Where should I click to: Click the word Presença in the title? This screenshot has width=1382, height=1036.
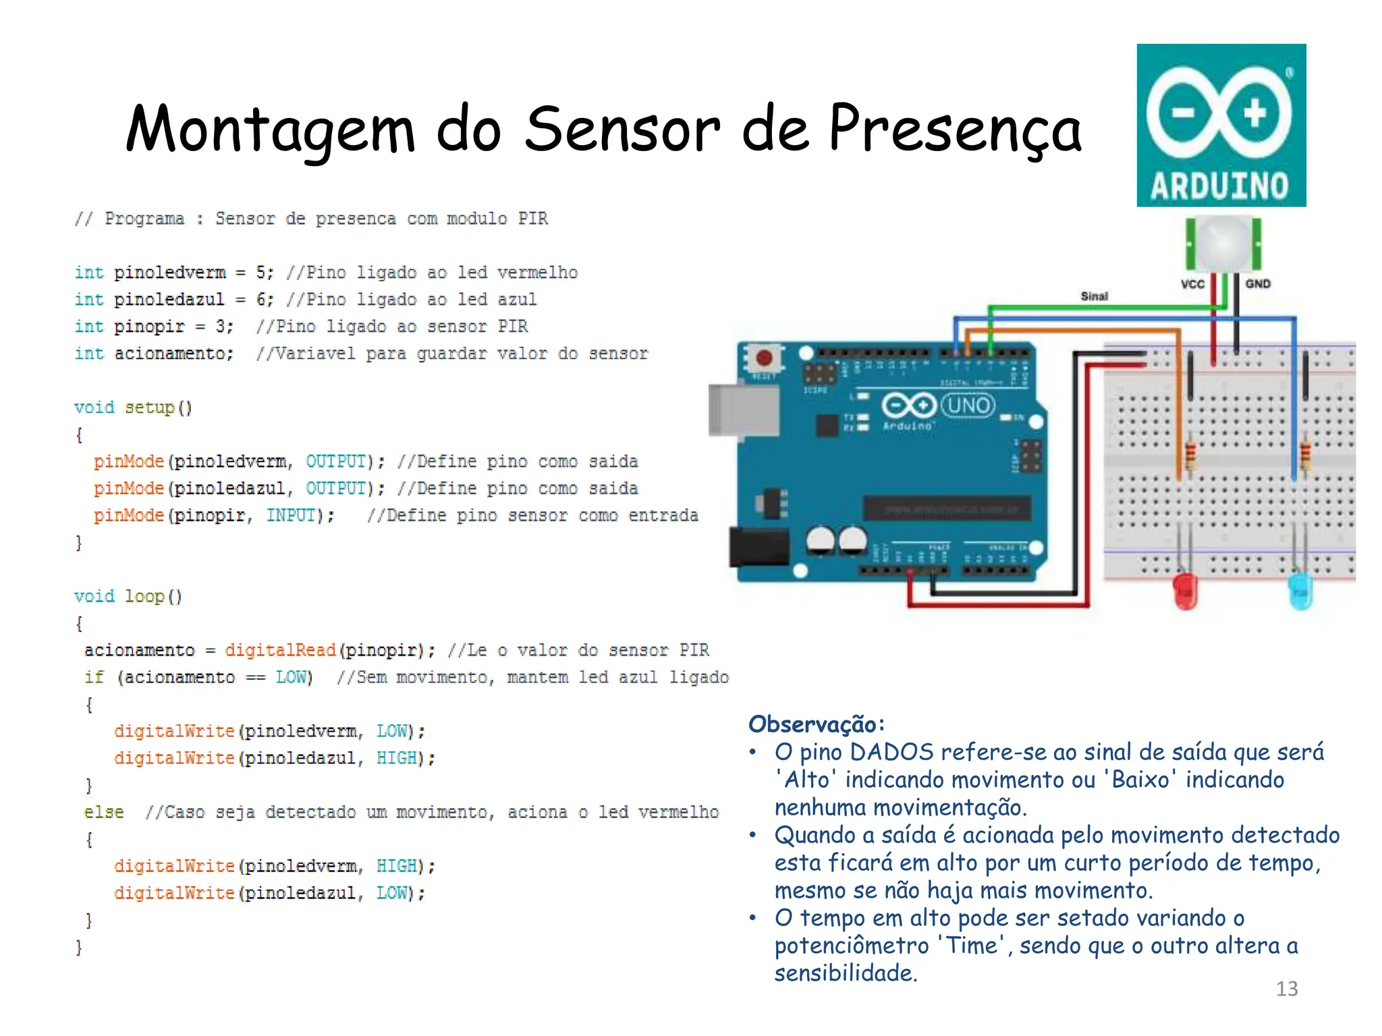tap(954, 129)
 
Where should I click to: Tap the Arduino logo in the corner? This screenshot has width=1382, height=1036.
tap(1221, 125)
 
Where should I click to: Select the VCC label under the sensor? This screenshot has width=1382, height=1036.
tap(1192, 284)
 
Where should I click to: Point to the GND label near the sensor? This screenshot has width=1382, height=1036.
tap(1258, 284)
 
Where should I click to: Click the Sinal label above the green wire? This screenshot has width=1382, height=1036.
tap(1094, 296)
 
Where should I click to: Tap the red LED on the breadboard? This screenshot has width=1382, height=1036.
tap(1185, 592)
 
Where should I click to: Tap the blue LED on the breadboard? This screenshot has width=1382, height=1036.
tap(1300, 592)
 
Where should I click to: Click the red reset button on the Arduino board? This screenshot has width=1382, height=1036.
tap(764, 357)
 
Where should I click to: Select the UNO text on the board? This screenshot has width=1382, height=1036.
tap(968, 405)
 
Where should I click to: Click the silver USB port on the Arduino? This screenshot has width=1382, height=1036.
tap(742, 410)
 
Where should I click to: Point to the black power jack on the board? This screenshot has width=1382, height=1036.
tap(759, 547)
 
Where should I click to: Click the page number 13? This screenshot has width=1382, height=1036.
tap(1286, 989)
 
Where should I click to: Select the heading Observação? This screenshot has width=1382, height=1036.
tap(816, 724)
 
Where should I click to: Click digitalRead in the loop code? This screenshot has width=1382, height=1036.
tap(280, 650)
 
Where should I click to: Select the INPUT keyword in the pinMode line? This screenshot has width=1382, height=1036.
tap(290, 515)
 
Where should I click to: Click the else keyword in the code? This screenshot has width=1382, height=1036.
tap(103, 812)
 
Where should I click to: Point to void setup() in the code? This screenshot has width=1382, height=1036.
tap(133, 407)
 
